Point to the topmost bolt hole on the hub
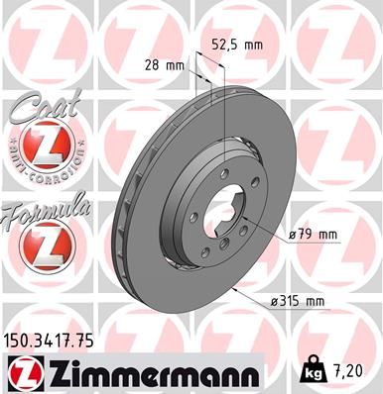pyautogui.click(x=224, y=177)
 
